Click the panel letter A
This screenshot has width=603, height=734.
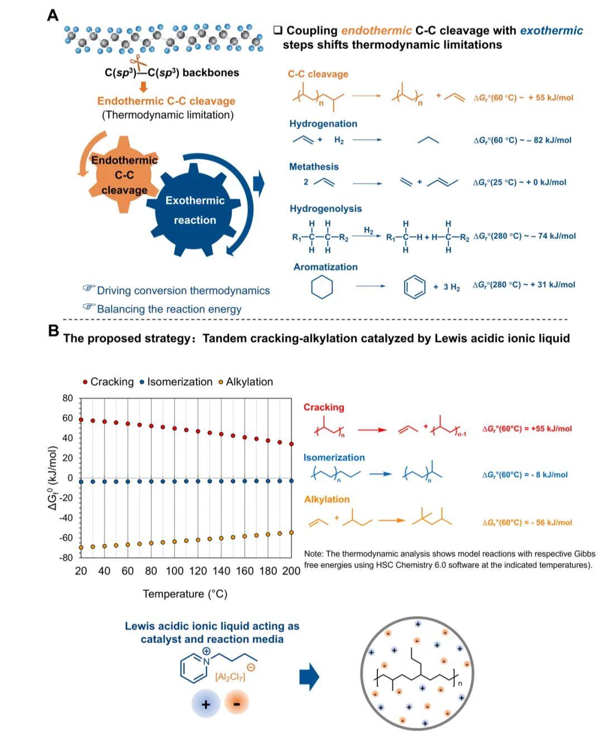tap(52, 16)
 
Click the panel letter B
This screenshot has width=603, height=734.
tap(53, 330)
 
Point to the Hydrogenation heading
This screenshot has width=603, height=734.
tap(323, 124)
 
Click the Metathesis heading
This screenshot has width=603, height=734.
tap(314, 166)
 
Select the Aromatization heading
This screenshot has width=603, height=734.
tap(326, 267)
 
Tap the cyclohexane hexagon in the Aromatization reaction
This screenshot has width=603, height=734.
tap(322, 287)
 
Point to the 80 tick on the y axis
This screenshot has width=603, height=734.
tap(68, 398)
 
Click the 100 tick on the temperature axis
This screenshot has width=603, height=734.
tap(175, 571)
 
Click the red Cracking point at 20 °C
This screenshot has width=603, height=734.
tap(81, 420)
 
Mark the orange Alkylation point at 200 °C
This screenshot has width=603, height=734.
tap(291, 532)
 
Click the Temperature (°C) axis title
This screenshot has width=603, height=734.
tap(185, 594)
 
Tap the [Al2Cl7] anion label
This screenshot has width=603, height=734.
tap(230, 677)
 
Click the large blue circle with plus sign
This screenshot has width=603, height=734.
tap(205, 704)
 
